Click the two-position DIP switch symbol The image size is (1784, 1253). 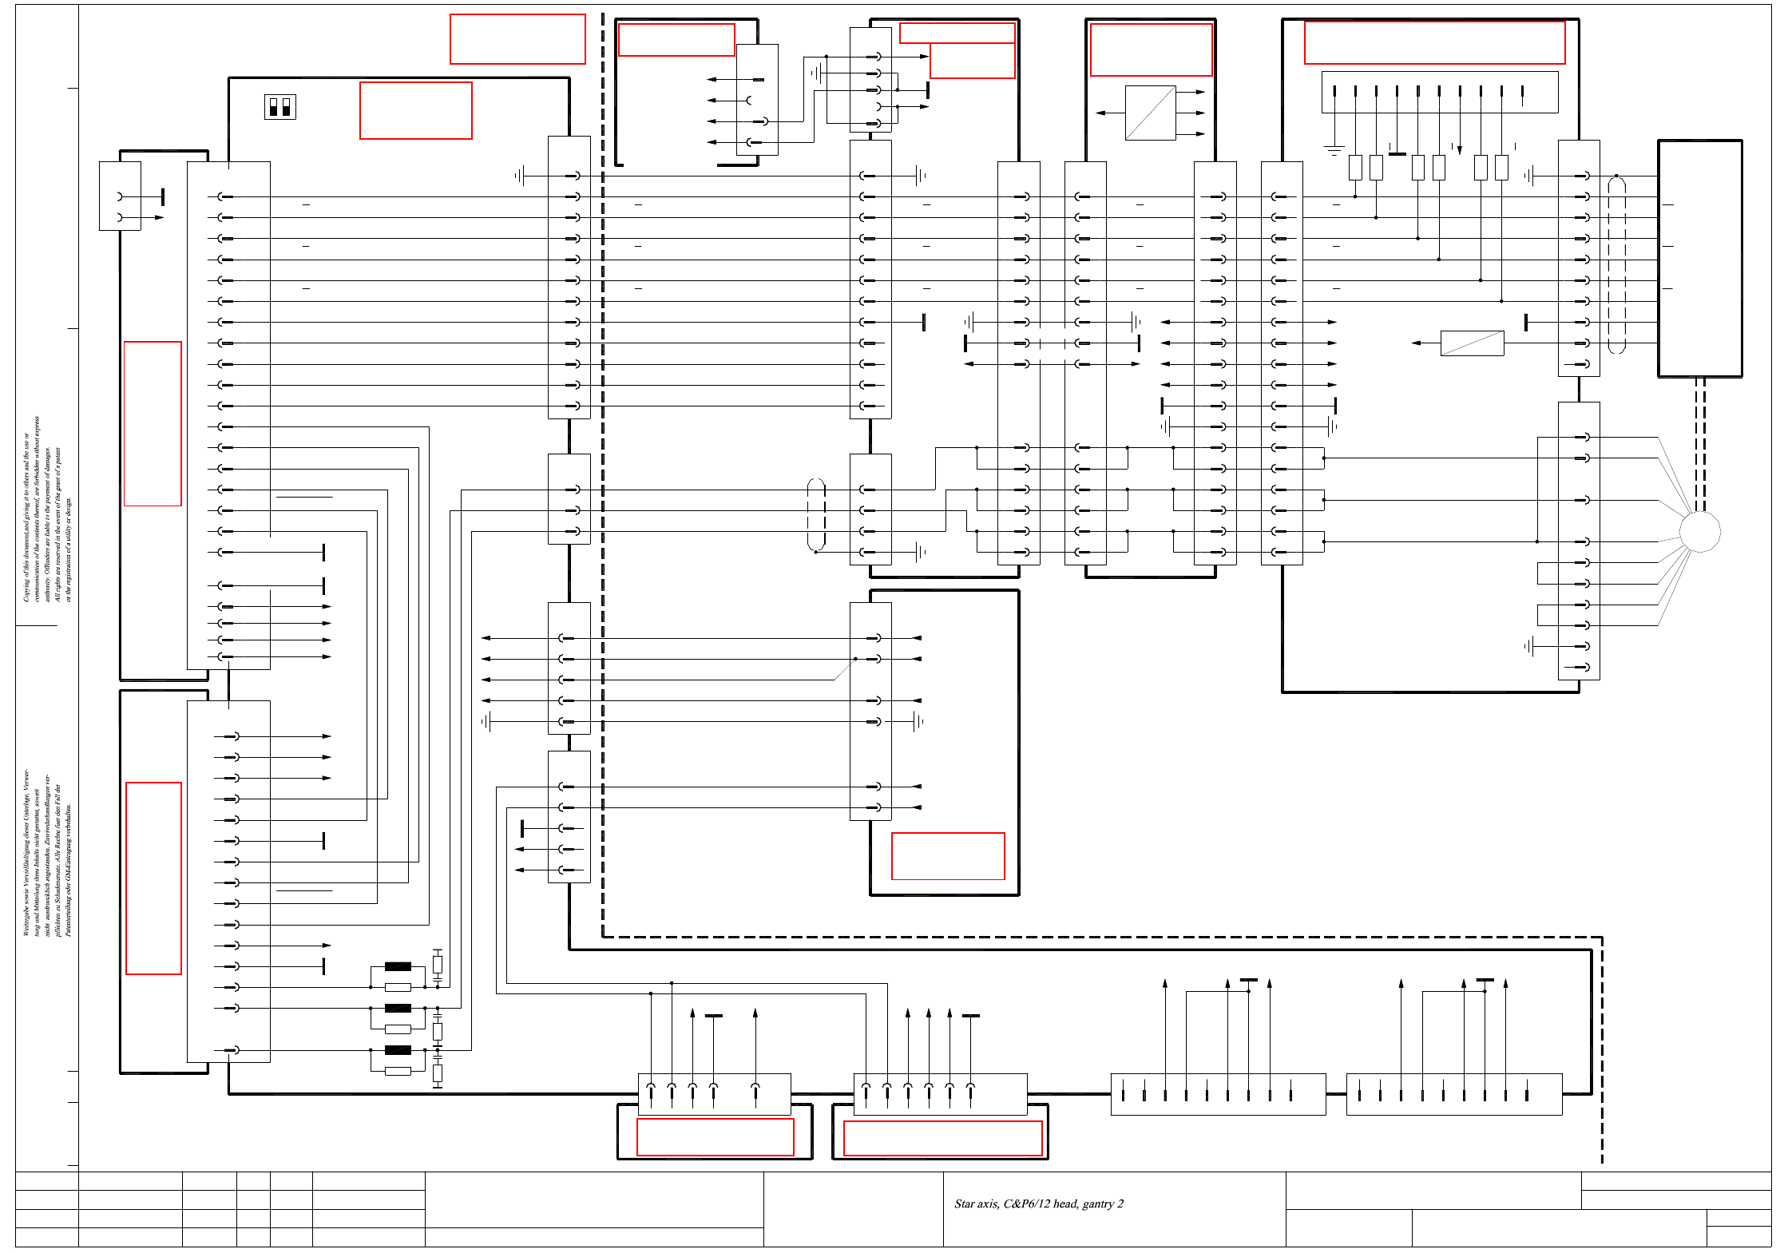[x=279, y=107]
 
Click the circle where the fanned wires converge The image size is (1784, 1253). [x=1699, y=532]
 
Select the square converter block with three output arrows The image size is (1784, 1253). [x=1150, y=113]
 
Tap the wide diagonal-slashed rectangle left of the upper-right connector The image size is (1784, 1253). [x=1472, y=343]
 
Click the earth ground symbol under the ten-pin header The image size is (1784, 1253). [x=1334, y=149]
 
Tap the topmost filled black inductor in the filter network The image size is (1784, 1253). [x=398, y=966]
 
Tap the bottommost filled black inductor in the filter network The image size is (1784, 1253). [x=398, y=1050]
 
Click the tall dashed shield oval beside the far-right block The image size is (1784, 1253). [x=1616, y=264]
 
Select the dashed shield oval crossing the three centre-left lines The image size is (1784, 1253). [x=816, y=515]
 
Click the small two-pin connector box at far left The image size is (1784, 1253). [x=120, y=196]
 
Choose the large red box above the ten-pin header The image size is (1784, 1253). [x=1434, y=42]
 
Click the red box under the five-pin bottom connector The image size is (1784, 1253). [x=715, y=1136]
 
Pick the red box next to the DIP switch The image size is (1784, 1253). [x=415, y=110]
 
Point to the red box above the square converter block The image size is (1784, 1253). [x=1151, y=50]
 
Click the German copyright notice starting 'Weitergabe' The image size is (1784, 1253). [x=46, y=853]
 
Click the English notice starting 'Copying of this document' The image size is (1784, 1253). [x=46, y=510]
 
